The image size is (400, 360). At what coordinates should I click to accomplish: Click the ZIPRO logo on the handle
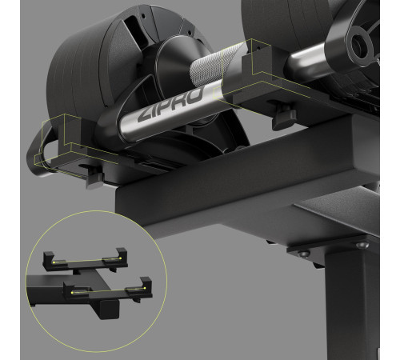click(x=170, y=105)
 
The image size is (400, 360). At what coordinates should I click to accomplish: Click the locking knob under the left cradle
click(x=94, y=178)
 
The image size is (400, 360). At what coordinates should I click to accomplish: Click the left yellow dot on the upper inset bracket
click(x=54, y=262)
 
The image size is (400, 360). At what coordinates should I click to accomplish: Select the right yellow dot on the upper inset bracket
click(x=120, y=258)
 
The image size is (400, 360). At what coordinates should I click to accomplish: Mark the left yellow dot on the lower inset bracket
click(x=72, y=293)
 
